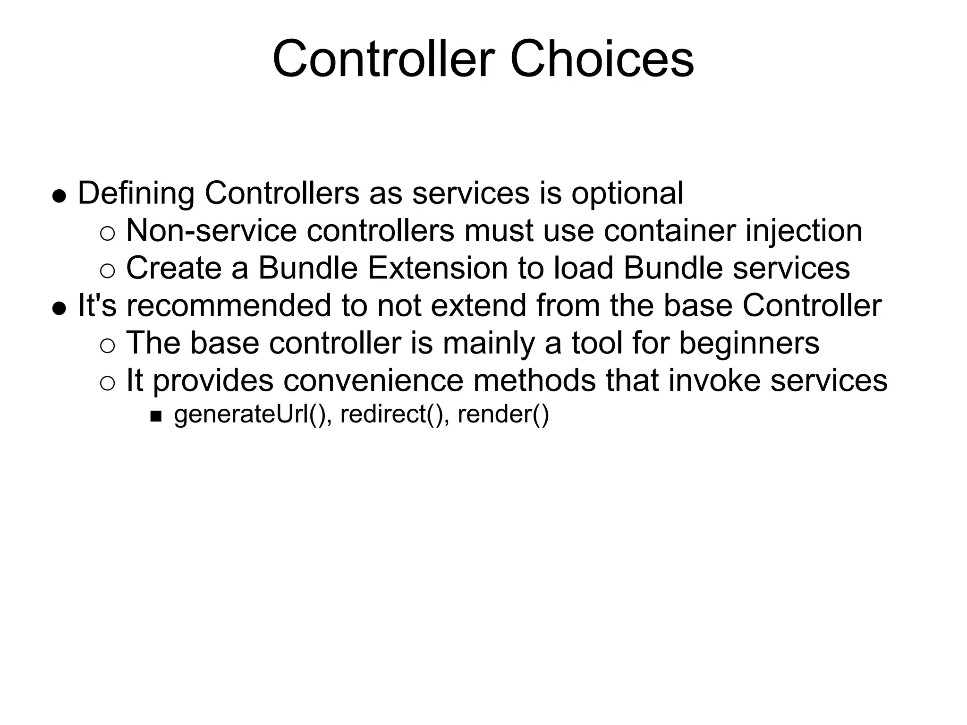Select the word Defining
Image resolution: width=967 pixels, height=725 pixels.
[x=136, y=194]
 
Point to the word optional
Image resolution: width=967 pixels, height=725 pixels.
[x=627, y=194]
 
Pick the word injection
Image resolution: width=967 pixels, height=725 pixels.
[x=804, y=231]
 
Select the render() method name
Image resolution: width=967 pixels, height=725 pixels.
[x=503, y=414]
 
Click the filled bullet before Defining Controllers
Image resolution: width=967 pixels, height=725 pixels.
[x=59, y=196]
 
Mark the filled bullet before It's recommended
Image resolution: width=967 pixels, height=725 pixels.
[x=59, y=308]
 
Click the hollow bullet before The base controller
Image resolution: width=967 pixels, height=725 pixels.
[x=108, y=346]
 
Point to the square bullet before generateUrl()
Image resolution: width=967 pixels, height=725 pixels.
[x=156, y=416]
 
